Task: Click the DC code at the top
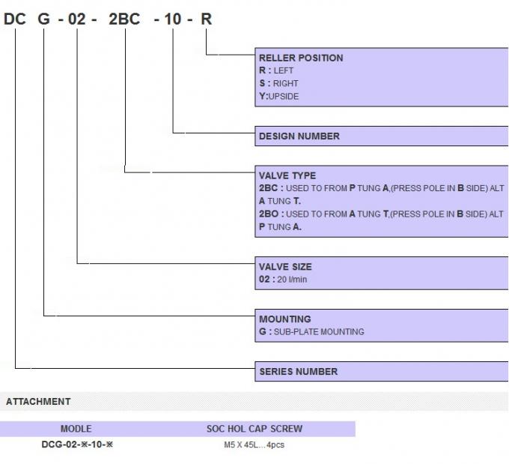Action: pos(15,19)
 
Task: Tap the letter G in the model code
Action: pos(44,19)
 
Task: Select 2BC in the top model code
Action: pos(124,19)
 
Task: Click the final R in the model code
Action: pos(206,19)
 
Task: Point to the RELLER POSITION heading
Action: pos(301,58)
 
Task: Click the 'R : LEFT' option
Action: pos(276,70)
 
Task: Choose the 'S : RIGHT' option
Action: pos(278,83)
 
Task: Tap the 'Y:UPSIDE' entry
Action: pos(279,96)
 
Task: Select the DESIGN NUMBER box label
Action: pos(299,136)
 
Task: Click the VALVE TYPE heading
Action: pos(287,175)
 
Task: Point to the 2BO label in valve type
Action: pos(269,214)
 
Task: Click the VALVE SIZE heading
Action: pos(285,267)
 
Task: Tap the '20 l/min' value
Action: pos(292,280)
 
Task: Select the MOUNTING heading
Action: pos(285,319)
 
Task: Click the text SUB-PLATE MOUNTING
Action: pos(319,331)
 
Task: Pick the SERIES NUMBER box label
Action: pos(299,371)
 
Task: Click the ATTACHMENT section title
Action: pos(38,402)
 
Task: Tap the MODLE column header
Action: pos(76,429)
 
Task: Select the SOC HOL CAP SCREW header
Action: pos(254,429)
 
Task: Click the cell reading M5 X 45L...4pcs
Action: pos(254,445)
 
